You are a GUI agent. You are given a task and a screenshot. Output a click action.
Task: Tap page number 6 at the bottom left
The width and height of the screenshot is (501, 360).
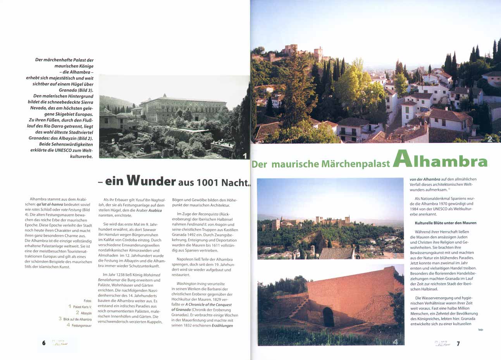click(x=44, y=343)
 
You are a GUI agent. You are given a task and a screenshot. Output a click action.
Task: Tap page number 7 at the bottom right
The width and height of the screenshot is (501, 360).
click(x=458, y=343)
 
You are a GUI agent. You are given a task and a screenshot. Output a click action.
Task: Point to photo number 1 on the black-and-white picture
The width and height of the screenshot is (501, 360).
click(x=244, y=156)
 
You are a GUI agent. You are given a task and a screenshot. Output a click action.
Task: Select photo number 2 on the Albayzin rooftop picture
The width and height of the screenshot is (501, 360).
click(x=490, y=139)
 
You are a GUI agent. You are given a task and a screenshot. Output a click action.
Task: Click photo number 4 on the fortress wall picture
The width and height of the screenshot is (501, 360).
click(x=395, y=341)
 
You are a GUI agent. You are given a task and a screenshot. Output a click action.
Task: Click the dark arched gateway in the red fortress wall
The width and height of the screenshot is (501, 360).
click(x=328, y=317)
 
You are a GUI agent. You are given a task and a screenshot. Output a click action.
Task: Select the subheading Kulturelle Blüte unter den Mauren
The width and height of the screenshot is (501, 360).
click(x=440, y=223)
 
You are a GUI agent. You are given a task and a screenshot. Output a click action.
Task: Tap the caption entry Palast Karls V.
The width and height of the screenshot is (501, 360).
click(x=82, y=307)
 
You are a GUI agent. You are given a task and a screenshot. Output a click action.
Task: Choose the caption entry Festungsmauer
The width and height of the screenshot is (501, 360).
click(x=81, y=326)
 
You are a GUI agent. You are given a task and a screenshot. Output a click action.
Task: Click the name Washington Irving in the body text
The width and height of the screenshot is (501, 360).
click(x=191, y=284)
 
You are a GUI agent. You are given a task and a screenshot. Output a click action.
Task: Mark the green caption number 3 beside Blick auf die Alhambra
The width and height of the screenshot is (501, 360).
click(x=60, y=319)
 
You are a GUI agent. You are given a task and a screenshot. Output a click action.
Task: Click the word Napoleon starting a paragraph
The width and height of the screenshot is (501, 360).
click(x=186, y=259)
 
